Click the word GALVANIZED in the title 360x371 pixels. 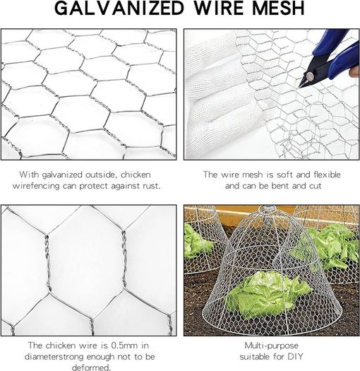click(119, 8)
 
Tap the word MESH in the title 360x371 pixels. click(278, 8)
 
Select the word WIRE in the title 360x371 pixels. click(218, 8)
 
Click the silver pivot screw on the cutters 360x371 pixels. click(310, 76)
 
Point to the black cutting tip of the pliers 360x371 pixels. click(301, 85)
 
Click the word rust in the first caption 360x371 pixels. click(152, 186)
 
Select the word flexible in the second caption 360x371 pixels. click(327, 175)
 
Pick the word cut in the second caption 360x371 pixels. click(315, 186)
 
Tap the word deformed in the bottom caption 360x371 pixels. click(91, 367)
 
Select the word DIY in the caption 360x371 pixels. click(295, 356)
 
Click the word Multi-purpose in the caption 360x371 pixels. click(271, 346)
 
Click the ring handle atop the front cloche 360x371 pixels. click(267, 209)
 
